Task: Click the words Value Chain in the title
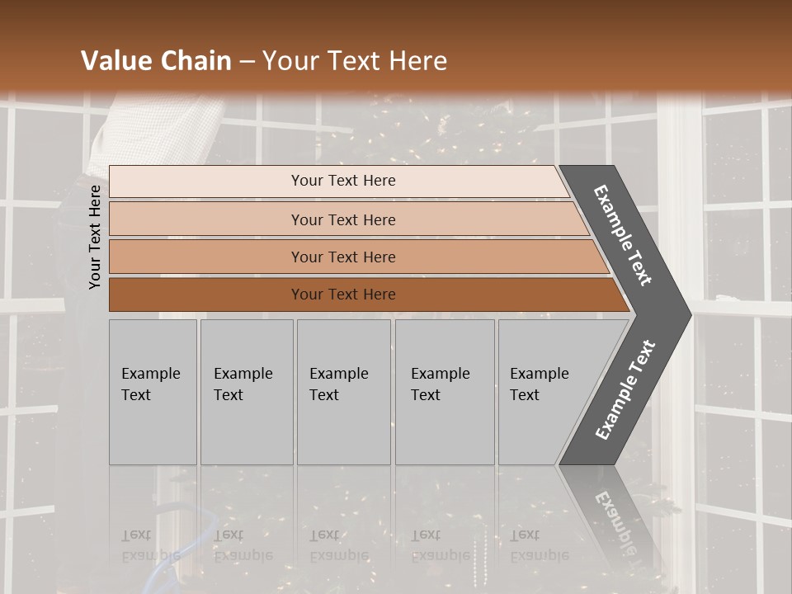coord(156,61)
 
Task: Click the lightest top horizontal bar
coord(206,181)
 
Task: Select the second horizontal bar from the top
coord(206,219)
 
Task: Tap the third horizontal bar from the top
coord(206,257)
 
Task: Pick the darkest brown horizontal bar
coord(206,295)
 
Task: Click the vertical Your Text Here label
coord(95,237)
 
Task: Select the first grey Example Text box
coord(153,392)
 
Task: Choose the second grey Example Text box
coord(247,392)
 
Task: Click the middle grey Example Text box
coord(343,392)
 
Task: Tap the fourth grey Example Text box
coord(445,392)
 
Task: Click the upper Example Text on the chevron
coord(623,235)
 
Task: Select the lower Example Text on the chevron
coord(625,390)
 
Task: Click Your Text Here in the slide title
coord(355,61)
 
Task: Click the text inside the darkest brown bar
coord(343,295)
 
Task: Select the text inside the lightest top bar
coord(343,181)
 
